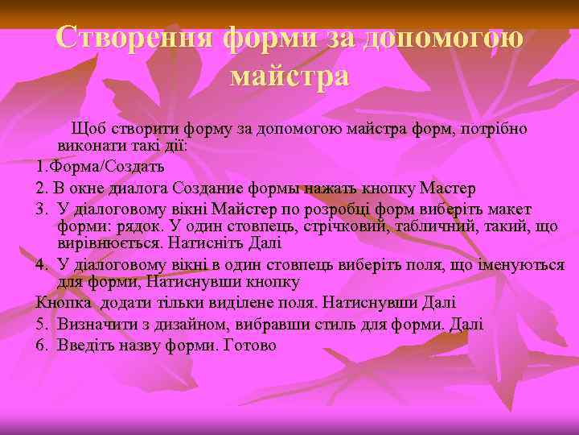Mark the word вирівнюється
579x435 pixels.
click(109, 242)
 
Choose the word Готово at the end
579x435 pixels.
click(249, 345)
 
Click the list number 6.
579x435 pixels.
click(41, 345)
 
